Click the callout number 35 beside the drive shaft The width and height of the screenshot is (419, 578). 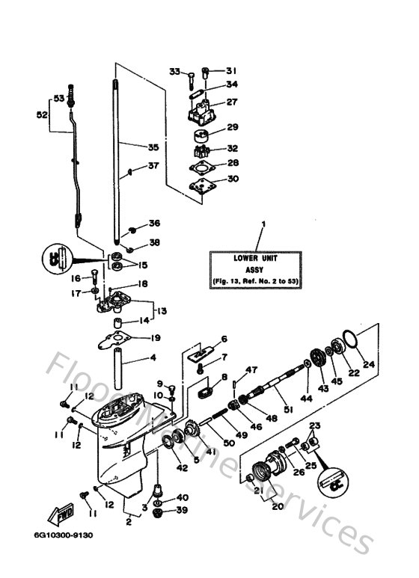(x=153, y=147)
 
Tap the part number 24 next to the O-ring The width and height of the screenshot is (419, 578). (x=367, y=366)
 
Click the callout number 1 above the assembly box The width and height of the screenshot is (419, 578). (x=263, y=224)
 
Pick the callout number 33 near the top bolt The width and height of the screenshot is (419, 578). (x=174, y=72)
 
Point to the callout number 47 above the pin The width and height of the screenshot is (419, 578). (x=252, y=370)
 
